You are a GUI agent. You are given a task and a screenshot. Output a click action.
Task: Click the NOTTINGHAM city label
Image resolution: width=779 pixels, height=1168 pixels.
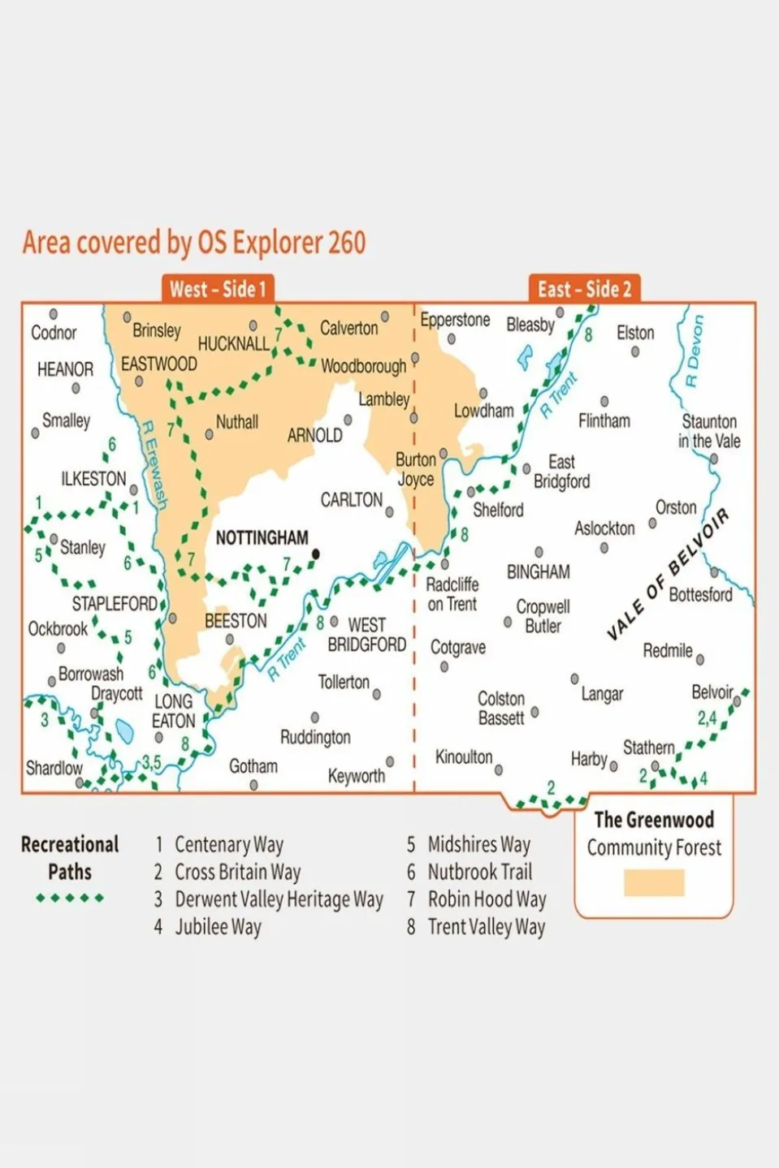coord(262,538)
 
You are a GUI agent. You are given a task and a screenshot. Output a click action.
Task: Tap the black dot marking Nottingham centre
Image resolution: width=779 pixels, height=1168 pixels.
coord(316,554)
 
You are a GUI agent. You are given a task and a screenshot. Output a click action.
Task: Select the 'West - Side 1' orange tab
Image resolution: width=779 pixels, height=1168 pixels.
coord(217,289)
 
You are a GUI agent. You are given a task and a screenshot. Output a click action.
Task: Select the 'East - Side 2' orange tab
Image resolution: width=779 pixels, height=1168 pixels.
coord(584,289)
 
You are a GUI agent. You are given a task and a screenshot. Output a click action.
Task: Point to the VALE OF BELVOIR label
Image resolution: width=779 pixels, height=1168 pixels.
coord(668,574)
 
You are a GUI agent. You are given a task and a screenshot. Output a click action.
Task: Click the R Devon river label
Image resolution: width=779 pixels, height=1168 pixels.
coord(692,351)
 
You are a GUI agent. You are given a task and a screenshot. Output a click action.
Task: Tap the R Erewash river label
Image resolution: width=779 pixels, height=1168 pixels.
coord(154,465)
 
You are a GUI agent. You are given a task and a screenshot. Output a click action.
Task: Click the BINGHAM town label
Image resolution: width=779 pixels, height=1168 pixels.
coord(538,572)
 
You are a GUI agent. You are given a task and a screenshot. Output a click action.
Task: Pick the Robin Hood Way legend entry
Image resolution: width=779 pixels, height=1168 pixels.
coord(486,899)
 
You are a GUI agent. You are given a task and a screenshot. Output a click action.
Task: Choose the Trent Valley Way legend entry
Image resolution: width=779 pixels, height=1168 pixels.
coord(486,927)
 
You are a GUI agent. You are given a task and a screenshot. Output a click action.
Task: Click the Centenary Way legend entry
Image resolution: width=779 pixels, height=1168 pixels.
coord(228,845)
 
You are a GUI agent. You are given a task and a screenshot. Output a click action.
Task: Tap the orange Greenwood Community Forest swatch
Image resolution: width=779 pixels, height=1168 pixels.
coord(654,883)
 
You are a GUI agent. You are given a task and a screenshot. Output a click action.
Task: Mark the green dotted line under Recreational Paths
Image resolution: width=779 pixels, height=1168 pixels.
coord(70,898)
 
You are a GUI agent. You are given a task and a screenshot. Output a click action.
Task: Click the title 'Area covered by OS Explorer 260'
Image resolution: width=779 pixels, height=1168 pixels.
coord(194,242)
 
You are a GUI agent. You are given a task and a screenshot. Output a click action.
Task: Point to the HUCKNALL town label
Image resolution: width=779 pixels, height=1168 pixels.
coord(233,343)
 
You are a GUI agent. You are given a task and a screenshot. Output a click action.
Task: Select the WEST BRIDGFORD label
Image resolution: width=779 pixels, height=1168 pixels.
coord(366,635)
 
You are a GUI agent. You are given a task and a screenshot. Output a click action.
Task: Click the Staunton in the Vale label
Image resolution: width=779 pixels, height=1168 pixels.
coord(709,431)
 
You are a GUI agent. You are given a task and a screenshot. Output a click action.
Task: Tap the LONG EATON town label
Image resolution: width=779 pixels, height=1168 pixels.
coord(173,711)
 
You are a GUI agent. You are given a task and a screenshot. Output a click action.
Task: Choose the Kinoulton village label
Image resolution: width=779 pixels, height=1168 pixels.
coord(463,757)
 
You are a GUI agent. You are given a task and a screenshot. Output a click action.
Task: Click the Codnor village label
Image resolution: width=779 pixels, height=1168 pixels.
coord(54,333)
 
